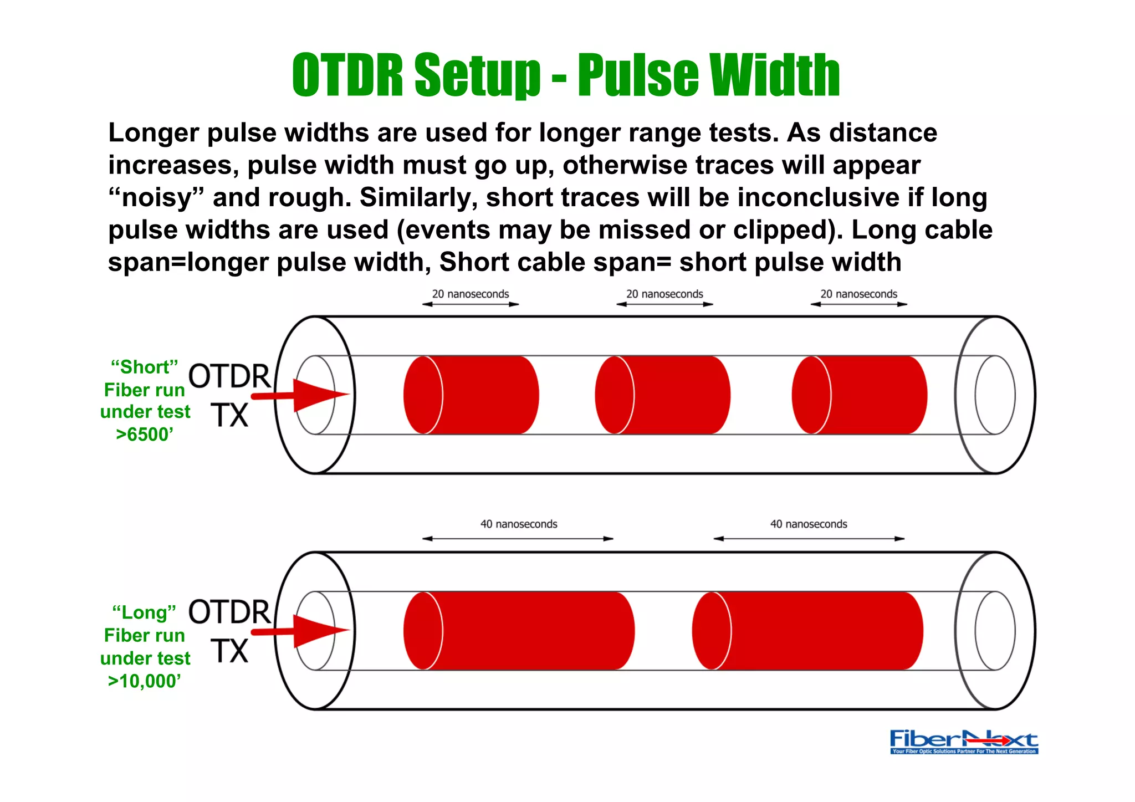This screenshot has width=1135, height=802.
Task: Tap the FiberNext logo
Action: (x=964, y=741)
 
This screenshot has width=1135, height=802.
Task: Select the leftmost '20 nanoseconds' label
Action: (x=470, y=294)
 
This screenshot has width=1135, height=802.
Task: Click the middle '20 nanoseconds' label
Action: (x=664, y=294)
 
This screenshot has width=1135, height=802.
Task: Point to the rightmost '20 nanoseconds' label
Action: (x=858, y=294)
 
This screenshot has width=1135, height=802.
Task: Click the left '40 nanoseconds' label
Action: (x=519, y=524)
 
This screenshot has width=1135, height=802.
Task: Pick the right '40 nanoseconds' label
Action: (x=809, y=524)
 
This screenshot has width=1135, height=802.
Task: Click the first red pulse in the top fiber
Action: (x=471, y=395)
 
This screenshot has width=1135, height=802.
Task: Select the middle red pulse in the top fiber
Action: (x=663, y=395)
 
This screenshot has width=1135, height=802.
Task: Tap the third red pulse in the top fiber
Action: (x=859, y=395)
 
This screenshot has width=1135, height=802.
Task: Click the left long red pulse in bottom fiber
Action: (x=519, y=631)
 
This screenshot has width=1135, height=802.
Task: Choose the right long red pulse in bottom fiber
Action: (x=807, y=631)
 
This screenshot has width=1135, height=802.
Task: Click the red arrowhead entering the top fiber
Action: (x=319, y=395)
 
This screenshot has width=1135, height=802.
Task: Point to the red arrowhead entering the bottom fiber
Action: (x=319, y=631)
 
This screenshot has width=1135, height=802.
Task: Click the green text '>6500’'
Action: (x=145, y=435)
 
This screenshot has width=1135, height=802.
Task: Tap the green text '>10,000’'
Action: (x=145, y=681)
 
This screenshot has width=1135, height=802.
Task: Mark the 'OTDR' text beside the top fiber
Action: (x=229, y=376)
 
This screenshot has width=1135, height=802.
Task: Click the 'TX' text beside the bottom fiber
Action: (x=229, y=651)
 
